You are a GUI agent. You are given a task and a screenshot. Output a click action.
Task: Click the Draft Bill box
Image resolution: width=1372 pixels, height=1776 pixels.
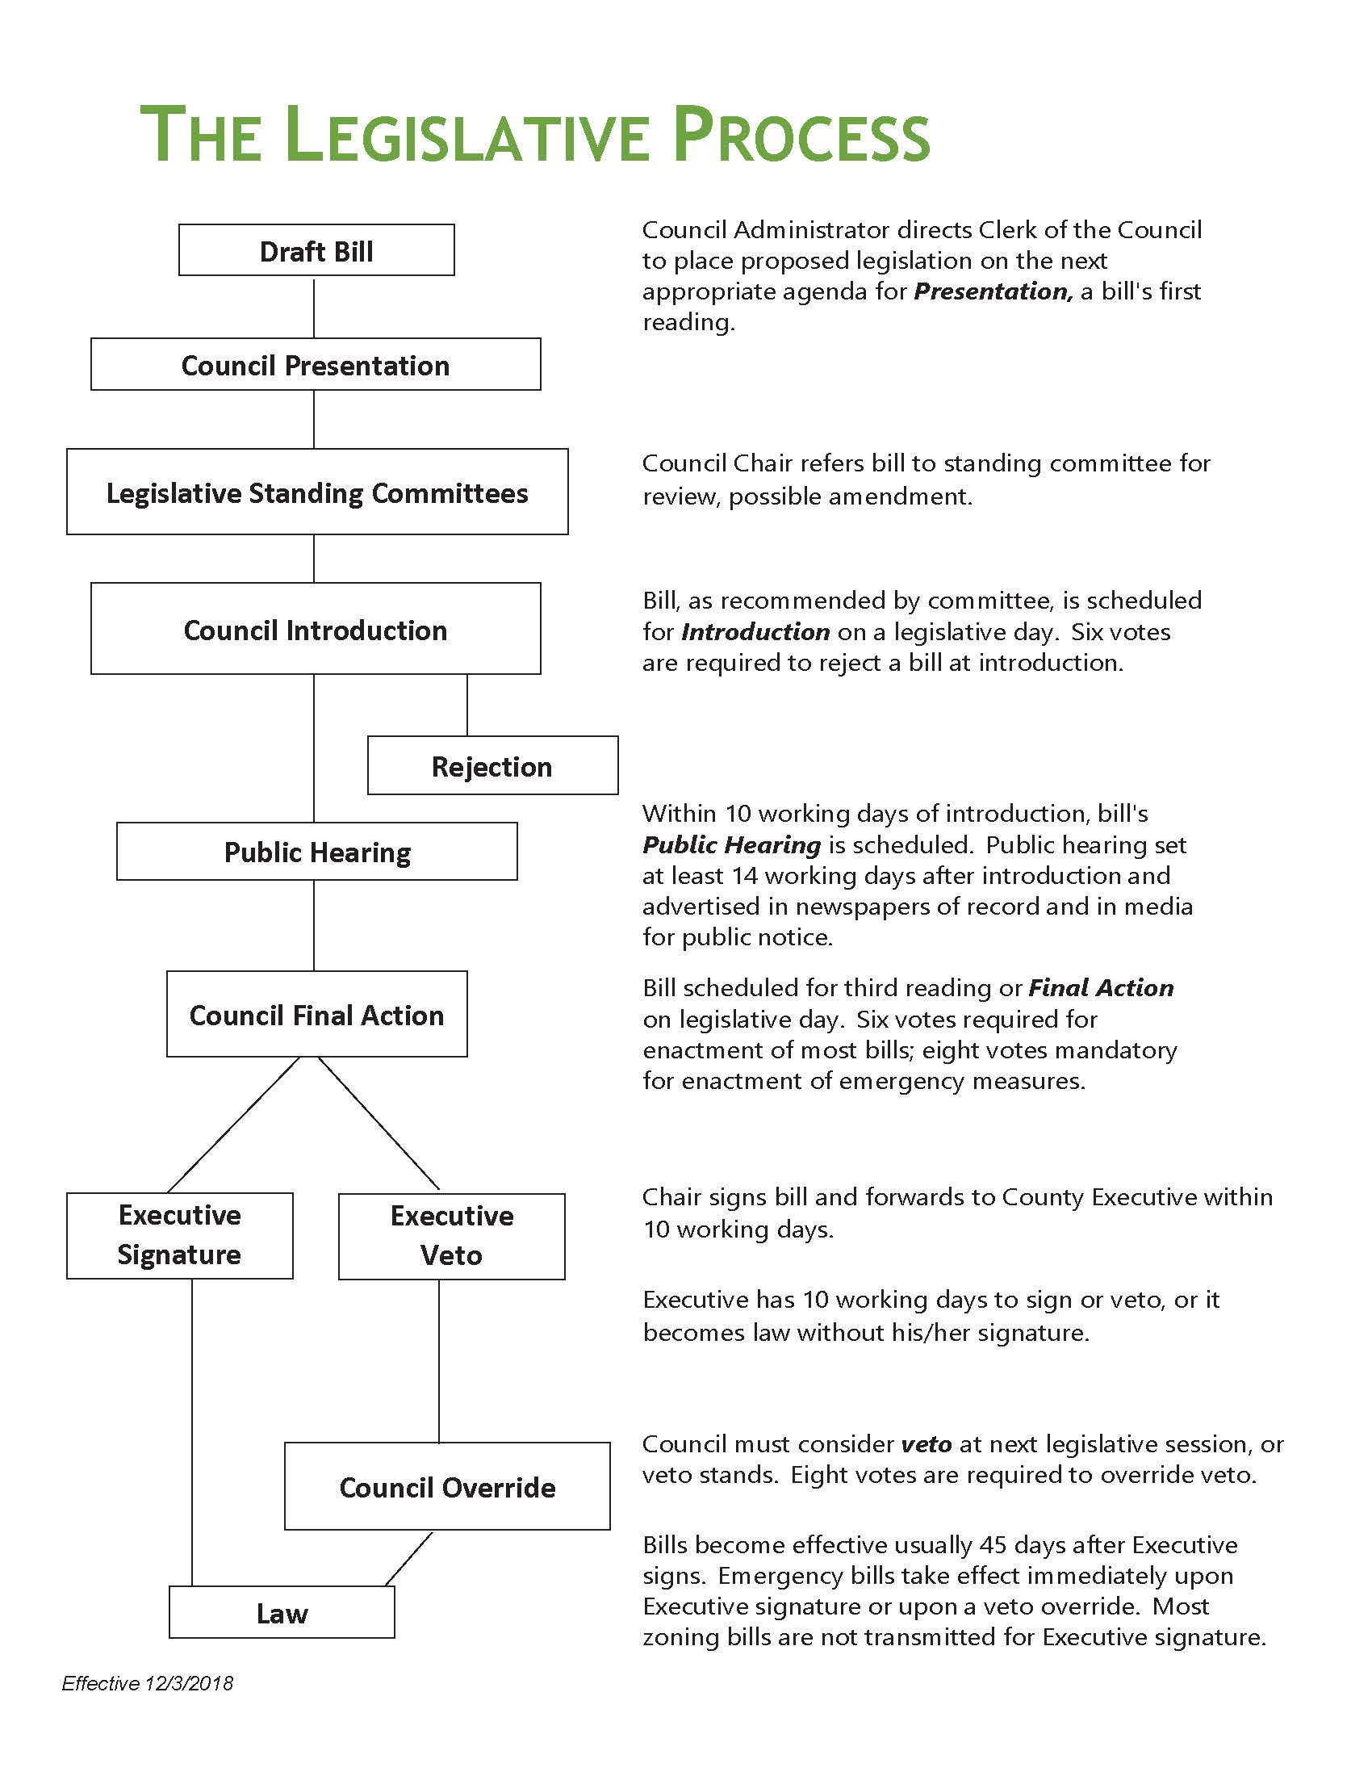pyautogui.click(x=316, y=250)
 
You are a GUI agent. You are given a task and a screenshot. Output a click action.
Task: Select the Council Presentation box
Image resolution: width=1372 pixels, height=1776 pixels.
pyautogui.click(x=316, y=364)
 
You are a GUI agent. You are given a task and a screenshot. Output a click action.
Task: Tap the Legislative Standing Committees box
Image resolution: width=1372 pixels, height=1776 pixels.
pyautogui.click(x=317, y=492)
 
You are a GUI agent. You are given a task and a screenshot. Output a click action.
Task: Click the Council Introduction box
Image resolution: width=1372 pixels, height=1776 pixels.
pyautogui.click(x=316, y=629)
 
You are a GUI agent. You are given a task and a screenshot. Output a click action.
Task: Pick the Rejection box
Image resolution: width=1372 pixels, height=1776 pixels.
pyautogui.click(x=492, y=765)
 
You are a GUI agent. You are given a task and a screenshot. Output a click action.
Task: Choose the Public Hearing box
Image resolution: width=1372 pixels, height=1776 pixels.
pyautogui.click(x=317, y=852)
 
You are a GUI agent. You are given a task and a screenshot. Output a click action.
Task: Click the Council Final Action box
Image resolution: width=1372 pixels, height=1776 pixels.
pyautogui.click(x=317, y=1014)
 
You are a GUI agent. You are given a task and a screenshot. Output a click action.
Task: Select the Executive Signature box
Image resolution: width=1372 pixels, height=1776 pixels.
pyautogui.click(x=180, y=1235)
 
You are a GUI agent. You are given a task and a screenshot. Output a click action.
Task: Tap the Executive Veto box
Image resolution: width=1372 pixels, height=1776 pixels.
pyautogui.click(x=452, y=1236)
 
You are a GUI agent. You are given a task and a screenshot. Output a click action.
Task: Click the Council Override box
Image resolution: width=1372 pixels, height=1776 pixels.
pyautogui.click(x=447, y=1486)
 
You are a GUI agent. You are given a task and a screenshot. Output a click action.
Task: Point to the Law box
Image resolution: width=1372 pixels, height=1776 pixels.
pyautogui.click(x=282, y=1613)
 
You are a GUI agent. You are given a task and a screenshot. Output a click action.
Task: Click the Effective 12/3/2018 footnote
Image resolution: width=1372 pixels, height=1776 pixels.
pyautogui.click(x=148, y=1683)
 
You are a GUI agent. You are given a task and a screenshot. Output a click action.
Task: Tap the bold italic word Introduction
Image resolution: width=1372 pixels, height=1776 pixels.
pyautogui.click(x=755, y=632)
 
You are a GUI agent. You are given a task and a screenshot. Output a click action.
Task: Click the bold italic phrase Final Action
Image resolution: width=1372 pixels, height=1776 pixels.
pyautogui.click(x=1101, y=988)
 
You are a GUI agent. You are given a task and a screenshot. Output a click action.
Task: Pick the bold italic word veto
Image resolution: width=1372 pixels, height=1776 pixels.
pyautogui.click(x=927, y=1444)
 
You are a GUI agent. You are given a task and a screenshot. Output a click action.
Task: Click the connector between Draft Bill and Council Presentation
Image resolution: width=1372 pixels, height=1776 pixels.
pyautogui.click(x=315, y=307)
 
